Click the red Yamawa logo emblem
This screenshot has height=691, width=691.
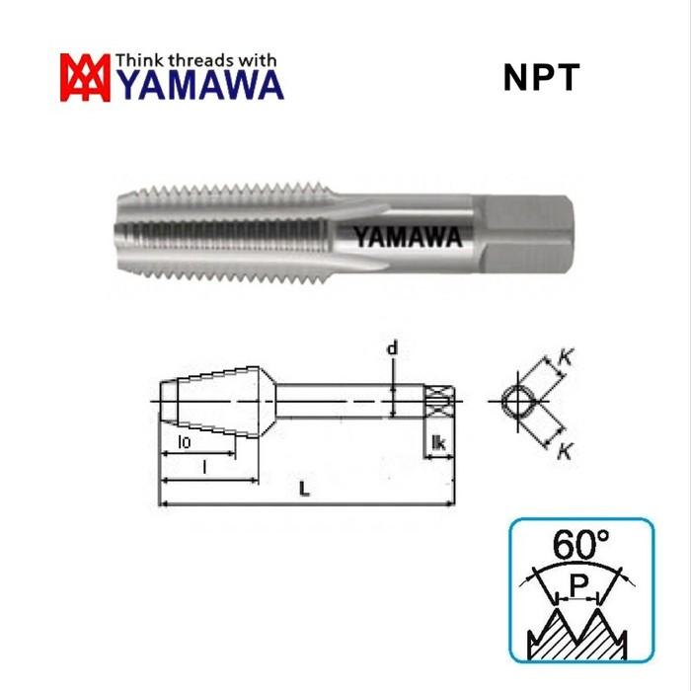pyautogui.click(x=86, y=77)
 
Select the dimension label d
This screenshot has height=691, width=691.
pyautogui.click(x=393, y=347)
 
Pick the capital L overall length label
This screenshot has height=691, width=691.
pyautogui.click(x=304, y=492)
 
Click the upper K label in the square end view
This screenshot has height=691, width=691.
pyautogui.click(x=566, y=360)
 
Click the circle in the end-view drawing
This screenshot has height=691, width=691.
pyautogui.click(x=514, y=402)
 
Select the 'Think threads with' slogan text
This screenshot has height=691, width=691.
pyautogui.click(x=197, y=60)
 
